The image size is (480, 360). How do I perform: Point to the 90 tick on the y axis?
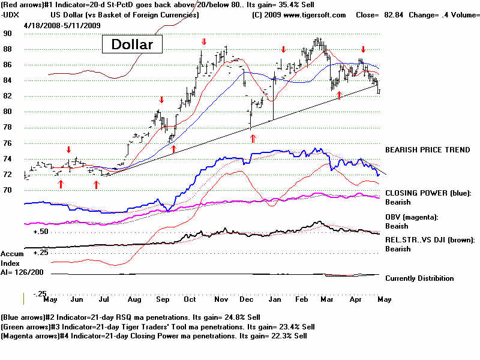[8, 33]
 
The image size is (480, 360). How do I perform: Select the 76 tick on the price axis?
[8, 143]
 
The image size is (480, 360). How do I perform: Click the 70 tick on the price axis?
[8, 190]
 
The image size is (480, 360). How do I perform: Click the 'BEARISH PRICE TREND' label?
[428, 149]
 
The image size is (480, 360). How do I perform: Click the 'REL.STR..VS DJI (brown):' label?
[430, 240]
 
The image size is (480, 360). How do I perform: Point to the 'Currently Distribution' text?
[419, 278]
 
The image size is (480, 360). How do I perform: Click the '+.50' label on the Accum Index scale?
[41, 232]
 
